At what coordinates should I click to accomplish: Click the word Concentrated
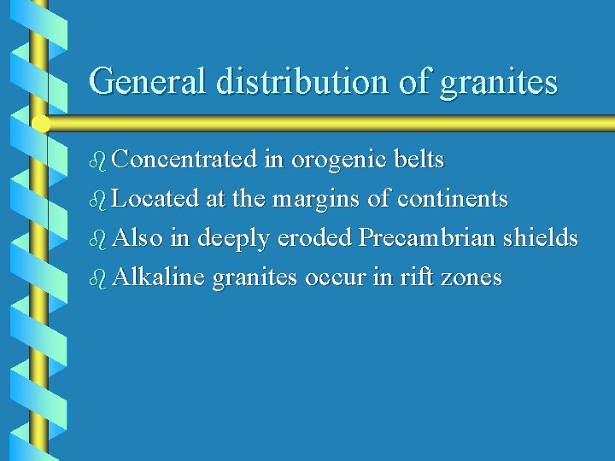(184, 160)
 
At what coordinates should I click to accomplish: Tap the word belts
(421, 160)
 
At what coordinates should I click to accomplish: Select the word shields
(539, 238)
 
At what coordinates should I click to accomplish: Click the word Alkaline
(158, 277)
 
